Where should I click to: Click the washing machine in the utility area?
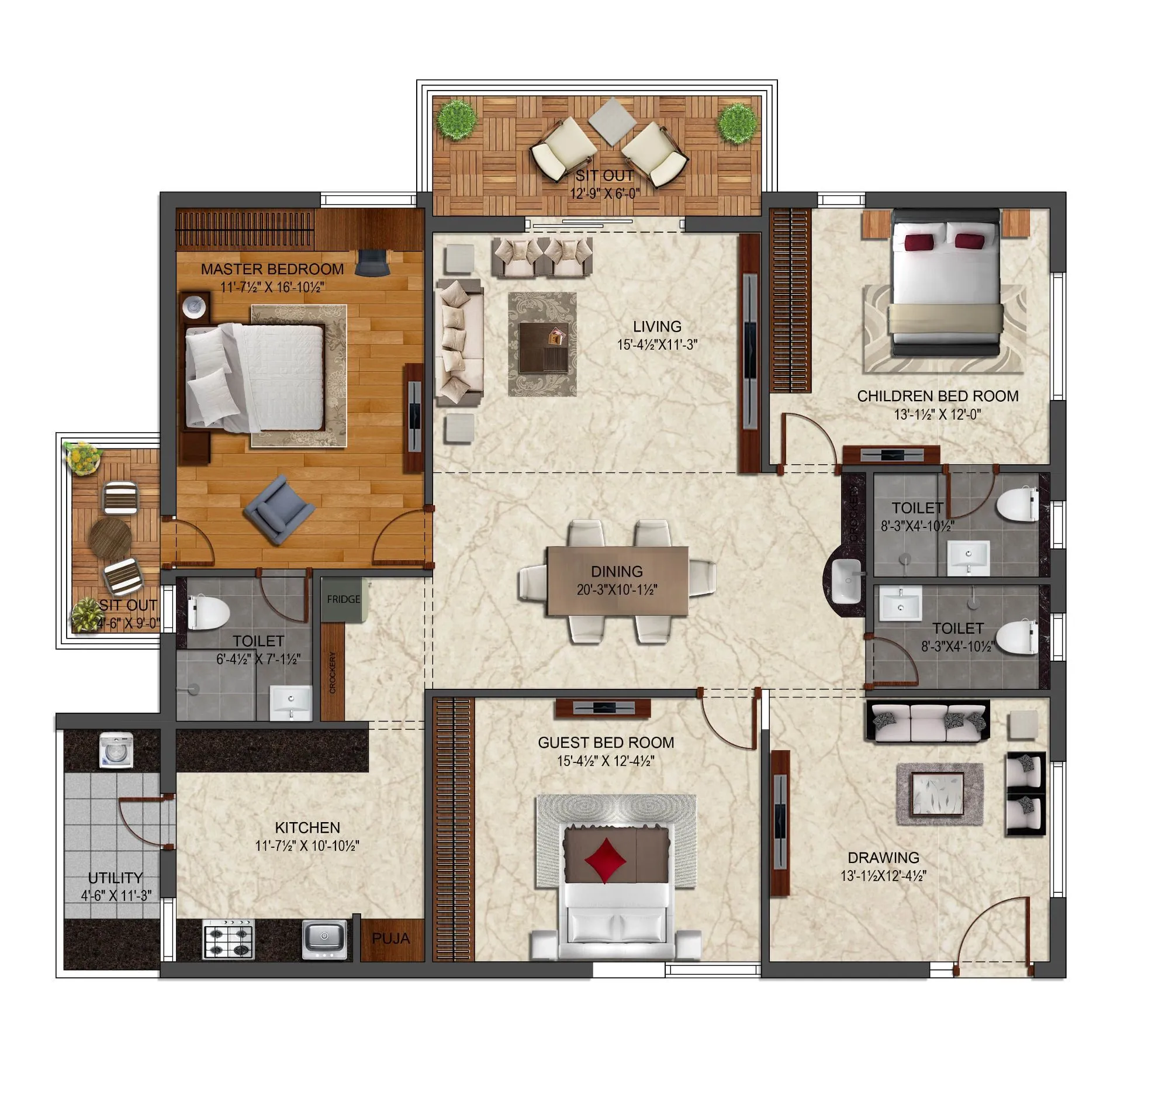click(116, 751)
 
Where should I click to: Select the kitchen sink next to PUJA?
click(324, 938)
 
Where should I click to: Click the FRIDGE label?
click(344, 599)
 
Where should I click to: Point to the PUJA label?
click(391, 938)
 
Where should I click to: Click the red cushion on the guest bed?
click(605, 860)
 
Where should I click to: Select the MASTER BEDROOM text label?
click(272, 270)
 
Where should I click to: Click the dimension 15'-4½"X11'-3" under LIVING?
click(657, 345)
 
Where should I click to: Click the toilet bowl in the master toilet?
click(209, 612)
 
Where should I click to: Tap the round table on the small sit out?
click(110, 537)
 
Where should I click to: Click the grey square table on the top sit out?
click(612, 121)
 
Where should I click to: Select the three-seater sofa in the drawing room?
click(928, 720)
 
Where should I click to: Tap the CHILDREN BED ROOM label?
click(938, 396)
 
